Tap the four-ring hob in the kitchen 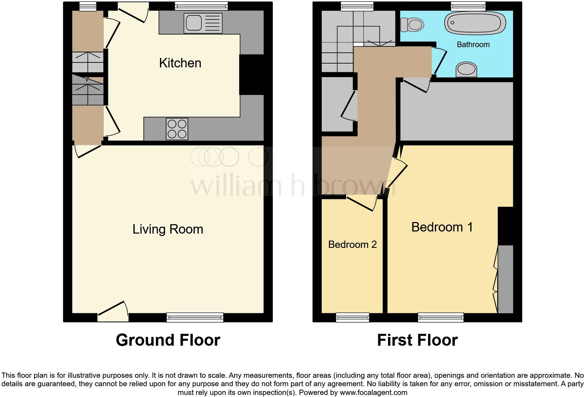point(177,129)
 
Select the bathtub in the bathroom point(475,23)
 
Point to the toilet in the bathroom point(412,24)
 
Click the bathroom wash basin point(467,69)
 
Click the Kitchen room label point(180,63)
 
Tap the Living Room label point(168,229)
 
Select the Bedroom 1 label point(442,227)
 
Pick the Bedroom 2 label point(352,244)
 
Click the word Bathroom point(473,45)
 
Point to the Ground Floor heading point(168,340)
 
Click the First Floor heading point(417,340)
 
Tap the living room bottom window point(195,317)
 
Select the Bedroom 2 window point(352,317)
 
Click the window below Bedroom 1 point(441,317)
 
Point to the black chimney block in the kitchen point(251,74)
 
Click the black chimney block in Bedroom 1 point(505,226)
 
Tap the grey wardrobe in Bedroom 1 point(505,279)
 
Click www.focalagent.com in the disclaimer point(373,392)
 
